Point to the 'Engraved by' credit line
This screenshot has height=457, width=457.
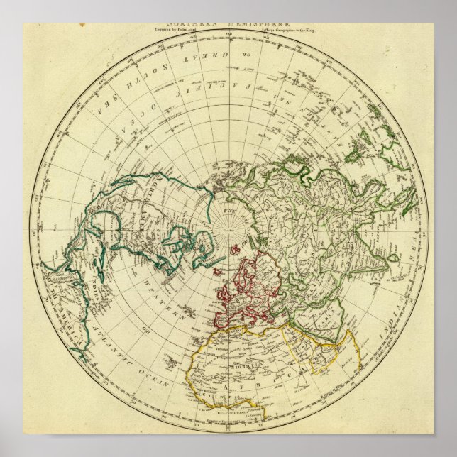(179, 31)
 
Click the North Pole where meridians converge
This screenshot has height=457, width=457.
(228, 228)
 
